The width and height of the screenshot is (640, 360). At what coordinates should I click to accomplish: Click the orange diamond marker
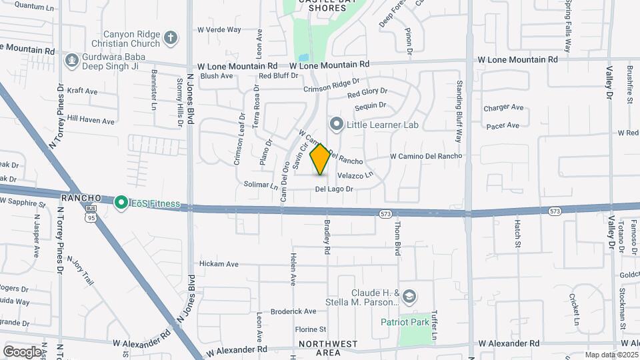[321, 159]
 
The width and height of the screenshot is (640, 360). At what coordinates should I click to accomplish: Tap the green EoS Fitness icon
[121, 201]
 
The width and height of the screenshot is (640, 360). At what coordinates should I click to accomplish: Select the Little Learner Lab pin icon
[337, 124]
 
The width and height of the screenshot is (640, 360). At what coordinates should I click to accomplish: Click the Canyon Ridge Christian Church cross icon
[171, 37]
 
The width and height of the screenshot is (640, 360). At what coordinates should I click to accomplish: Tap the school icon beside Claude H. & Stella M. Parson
[409, 296]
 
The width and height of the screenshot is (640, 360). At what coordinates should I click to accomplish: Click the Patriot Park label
[403, 322]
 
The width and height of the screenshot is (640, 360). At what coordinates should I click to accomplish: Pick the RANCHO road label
[81, 199]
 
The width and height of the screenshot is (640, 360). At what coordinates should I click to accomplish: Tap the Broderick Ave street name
[293, 311]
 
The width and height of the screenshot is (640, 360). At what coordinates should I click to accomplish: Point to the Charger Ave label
[503, 107]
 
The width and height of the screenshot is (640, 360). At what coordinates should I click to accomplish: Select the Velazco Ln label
[355, 175]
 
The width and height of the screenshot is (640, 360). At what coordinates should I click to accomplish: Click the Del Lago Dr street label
[334, 189]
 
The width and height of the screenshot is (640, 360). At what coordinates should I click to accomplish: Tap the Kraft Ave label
[83, 91]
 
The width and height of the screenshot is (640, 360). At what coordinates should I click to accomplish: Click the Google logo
[23, 351]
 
